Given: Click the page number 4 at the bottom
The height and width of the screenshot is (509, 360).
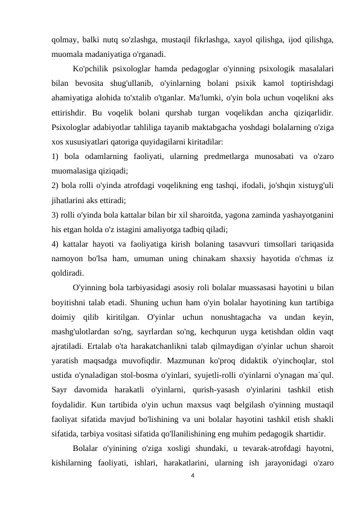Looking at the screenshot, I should (x=192, y=476).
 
